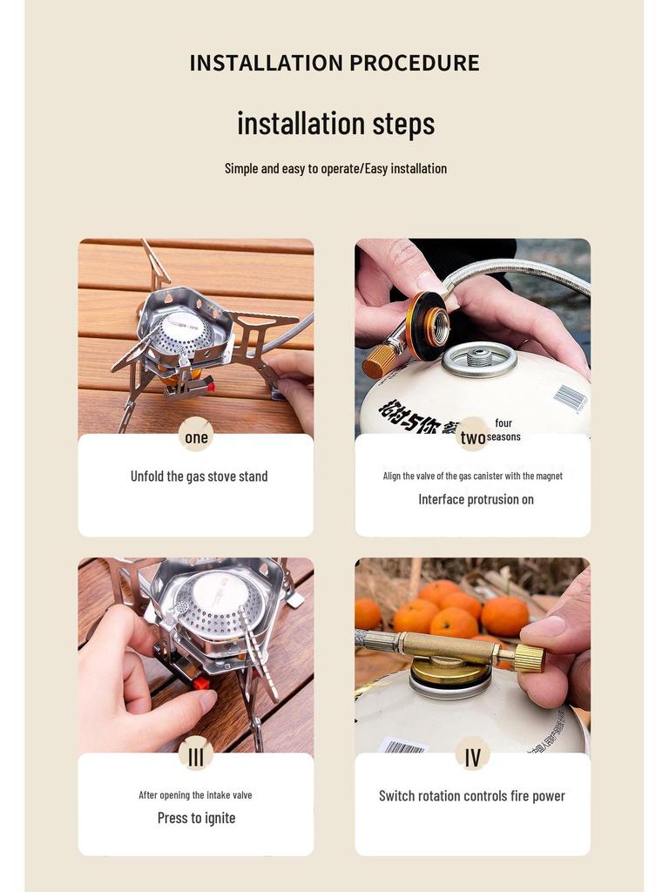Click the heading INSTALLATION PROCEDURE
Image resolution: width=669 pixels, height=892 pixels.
[334, 63]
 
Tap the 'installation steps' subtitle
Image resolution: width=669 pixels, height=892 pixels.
[335, 123]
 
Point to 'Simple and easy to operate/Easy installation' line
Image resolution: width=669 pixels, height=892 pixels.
[335, 168]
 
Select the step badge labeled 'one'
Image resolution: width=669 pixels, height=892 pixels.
[196, 436]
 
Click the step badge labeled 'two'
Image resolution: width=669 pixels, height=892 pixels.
[473, 436]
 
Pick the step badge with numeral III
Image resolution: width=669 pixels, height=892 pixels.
[196, 755]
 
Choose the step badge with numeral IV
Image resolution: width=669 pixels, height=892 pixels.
[472, 755]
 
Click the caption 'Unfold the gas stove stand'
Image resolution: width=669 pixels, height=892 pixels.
[199, 476]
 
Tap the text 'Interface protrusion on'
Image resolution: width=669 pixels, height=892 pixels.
[476, 499]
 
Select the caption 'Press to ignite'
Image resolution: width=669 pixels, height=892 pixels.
[196, 818]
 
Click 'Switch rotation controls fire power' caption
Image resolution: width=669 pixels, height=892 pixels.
[472, 795]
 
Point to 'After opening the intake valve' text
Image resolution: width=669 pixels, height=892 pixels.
[195, 794]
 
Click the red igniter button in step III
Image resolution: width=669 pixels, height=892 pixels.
[201, 683]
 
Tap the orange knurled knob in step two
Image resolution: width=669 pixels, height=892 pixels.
[379, 360]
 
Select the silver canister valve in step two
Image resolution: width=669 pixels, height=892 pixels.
[478, 358]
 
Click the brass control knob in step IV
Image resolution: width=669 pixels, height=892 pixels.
[529, 658]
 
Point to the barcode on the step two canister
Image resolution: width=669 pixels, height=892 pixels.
[570, 397]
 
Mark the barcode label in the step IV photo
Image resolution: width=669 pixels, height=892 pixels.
[403, 746]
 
